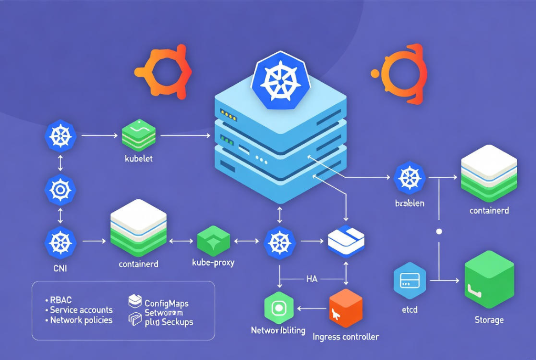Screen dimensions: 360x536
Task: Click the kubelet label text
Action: (x=139, y=159)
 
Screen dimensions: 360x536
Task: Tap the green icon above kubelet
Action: (x=139, y=135)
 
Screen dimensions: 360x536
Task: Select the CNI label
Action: (x=60, y=268)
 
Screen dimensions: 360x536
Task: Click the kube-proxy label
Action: (x=213, y=263)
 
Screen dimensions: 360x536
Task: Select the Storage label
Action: (x=489, y=320)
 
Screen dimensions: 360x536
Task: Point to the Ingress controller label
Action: (x=346, y=337)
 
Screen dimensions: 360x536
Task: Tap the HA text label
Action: (x=312, y=278)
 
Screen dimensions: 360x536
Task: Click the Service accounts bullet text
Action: (x=81, y=310)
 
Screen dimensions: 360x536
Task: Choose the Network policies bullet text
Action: (x=81, y=320)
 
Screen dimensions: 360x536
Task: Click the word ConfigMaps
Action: (x=167, y=303)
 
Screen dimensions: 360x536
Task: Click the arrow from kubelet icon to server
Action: (x=185, y=135)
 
